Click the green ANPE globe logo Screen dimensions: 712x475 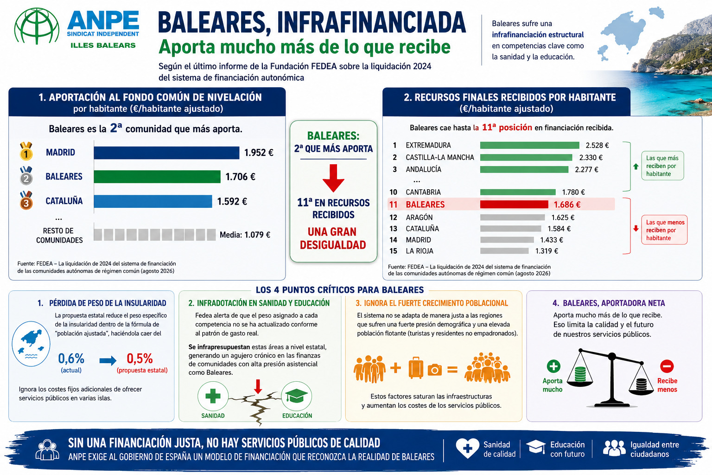point(37,26)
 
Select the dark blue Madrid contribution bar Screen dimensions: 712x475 point(166,153)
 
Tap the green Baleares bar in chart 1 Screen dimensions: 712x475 point(157,177)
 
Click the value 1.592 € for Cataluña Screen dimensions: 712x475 point(232,201)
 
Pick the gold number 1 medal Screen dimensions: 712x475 point(26,151)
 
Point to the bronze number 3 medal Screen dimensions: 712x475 point(26,200)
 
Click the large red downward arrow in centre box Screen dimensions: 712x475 point(333,178)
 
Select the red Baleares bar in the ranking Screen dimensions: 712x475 point(514,204)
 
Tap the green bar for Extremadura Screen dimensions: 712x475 point(530,145)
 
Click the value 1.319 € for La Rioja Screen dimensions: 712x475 point(547,251)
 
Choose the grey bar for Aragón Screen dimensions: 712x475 point(513,217)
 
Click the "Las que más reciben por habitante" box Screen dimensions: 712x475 point(662,166)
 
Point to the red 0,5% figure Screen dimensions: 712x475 point(140,359)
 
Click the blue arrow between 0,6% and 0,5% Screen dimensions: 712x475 point(108,360)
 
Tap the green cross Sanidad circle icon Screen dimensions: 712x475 point(213,396)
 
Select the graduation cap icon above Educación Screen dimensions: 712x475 point(296,396)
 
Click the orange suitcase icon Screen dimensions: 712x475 point(416,368)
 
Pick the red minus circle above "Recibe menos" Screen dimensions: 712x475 point(667,366)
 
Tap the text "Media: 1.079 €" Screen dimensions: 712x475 point(245,235)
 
